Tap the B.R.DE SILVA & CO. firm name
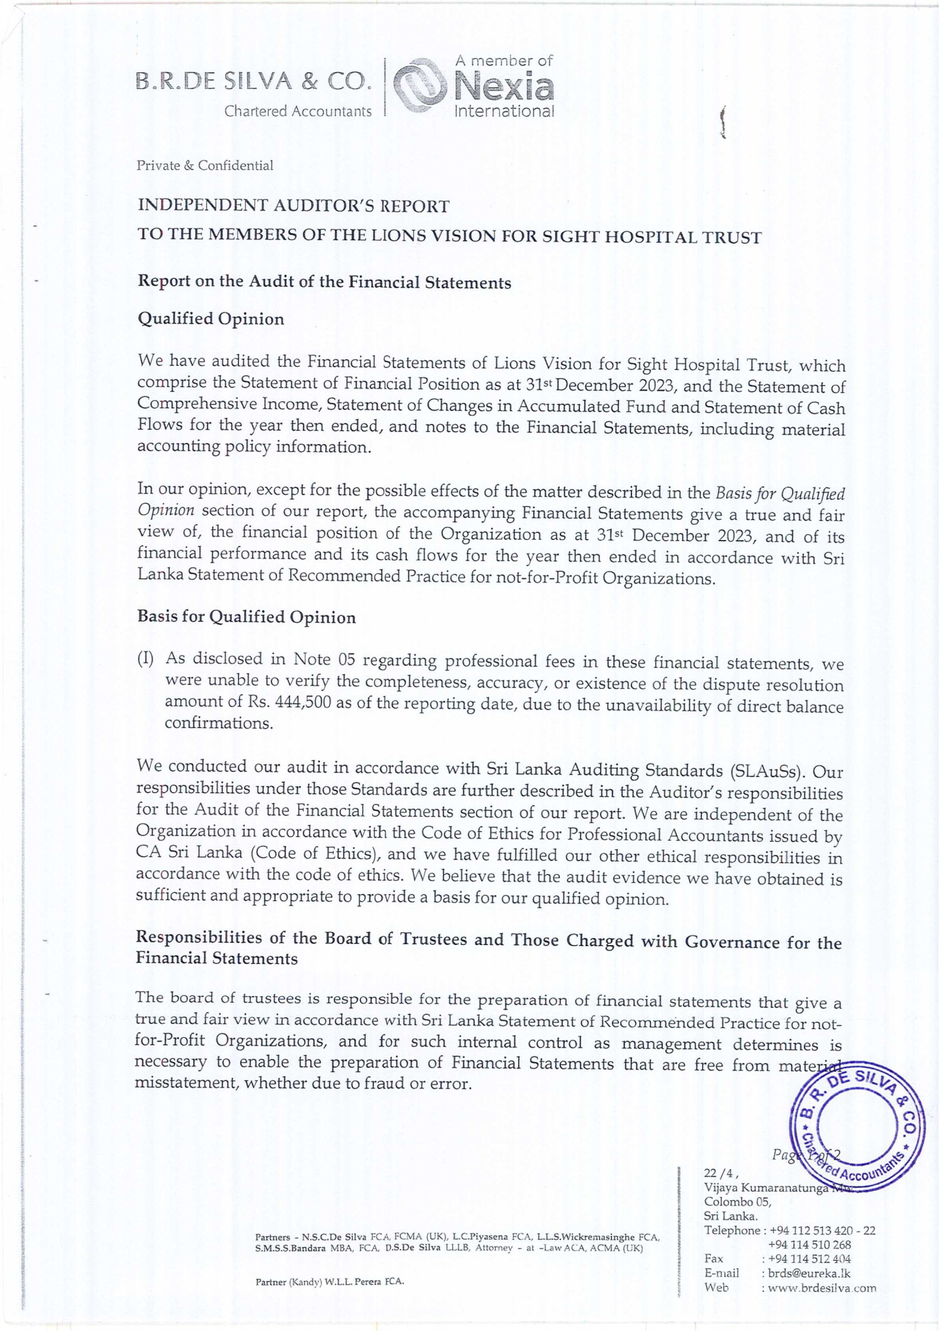pyautogui.click(x=252, y=84)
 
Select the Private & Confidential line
pyautogui.click(x=205, y=166)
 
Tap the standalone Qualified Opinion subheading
pyautogui.click(x=211, y=320)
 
